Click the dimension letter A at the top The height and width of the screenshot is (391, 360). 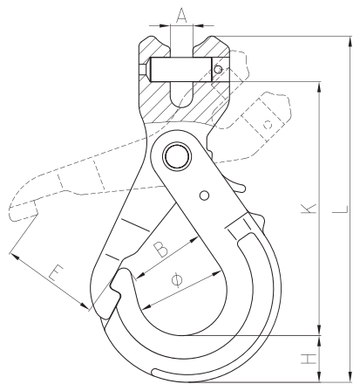pos(181,16)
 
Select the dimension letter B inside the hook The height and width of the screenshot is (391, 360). pos(160,249)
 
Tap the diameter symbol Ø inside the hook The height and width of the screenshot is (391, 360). pos(177,280)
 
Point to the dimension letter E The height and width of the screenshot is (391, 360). pos(56,272)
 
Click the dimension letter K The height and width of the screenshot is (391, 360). pos(309,209)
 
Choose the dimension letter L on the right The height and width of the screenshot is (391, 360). pos(340,209)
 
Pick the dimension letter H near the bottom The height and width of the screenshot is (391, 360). pos(309,359)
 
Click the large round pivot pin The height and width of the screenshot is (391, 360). pos(177,157)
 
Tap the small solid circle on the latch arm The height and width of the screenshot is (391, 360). pos(205,195)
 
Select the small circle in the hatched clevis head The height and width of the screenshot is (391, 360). pos(218,69)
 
